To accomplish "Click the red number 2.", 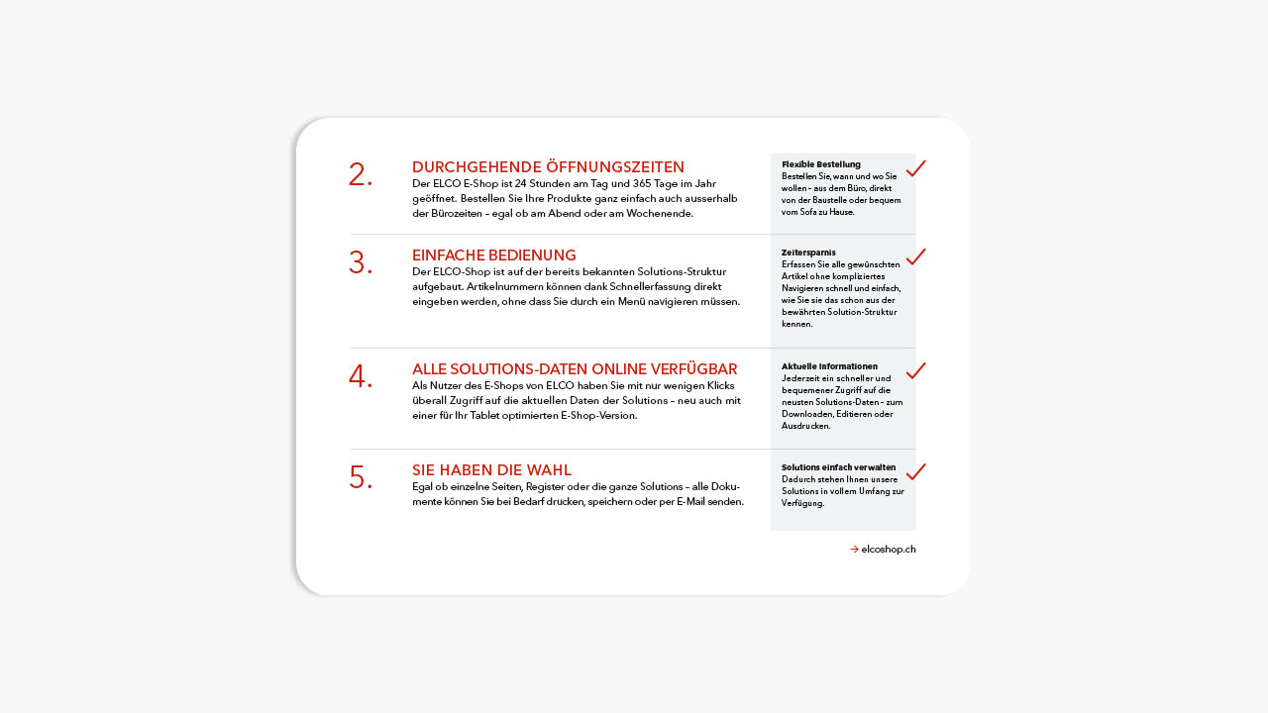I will click(x=360, y=175).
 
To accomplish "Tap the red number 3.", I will click(x=360, y=263).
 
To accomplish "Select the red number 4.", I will click(x=360, y=377).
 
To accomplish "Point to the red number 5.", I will click(x=360, y=478).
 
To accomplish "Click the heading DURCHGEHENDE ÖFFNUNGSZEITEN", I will click(x=548, y=166).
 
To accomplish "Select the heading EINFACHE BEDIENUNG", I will click(x=493, y=255).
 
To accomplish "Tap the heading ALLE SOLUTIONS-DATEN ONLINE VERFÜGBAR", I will click(x=575, y=369).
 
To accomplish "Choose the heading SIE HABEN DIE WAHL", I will click(x=491, y=469).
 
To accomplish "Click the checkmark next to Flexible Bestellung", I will click(x=915, y=168).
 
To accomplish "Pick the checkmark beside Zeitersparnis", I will click(x=915, y=256).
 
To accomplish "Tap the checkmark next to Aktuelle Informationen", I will click(x=915, y=370).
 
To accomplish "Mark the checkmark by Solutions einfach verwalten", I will click(x=915, y=471).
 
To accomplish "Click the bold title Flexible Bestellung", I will click(x=820, y=164).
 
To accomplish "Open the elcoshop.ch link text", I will click(x=889, y=550).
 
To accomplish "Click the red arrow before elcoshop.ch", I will click(x=854, y=550).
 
